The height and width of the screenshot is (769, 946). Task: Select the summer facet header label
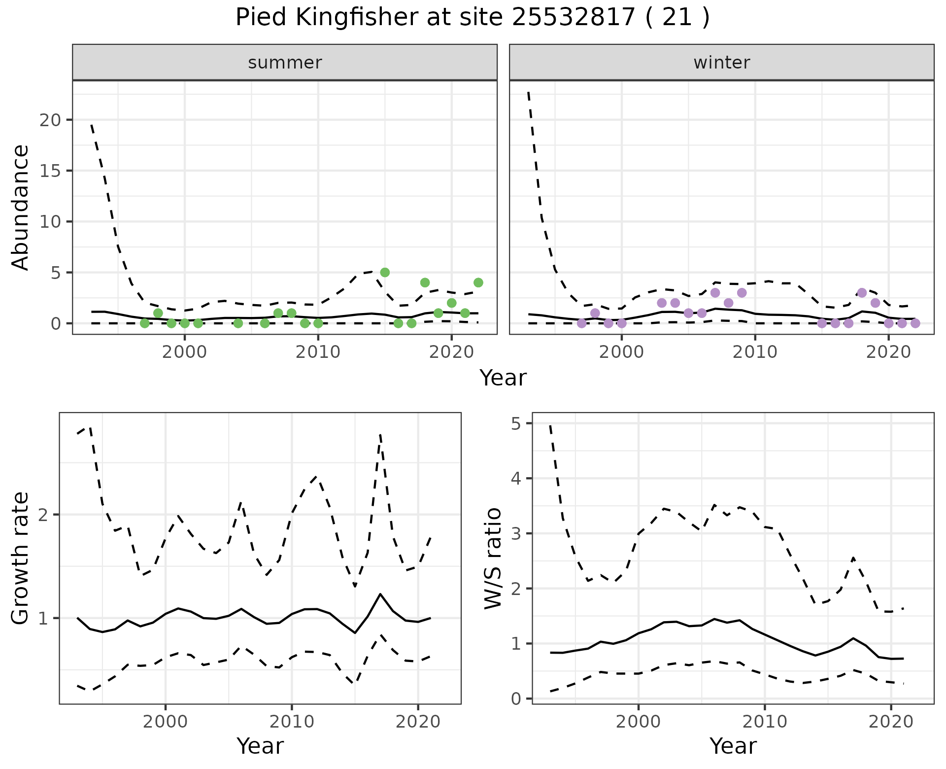click(x=285, y=63)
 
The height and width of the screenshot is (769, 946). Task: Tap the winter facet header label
click(x=721, y=63)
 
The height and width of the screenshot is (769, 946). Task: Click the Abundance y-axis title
click(x=21, y=208)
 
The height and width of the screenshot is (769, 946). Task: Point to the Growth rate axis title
click(x=21, y=559)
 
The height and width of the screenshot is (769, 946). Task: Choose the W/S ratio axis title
click(x=493, y=559)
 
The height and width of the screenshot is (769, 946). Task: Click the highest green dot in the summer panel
click(x=385, y=272)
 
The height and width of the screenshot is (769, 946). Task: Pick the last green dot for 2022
click(x=478, y=282)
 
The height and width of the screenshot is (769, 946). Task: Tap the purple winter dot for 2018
click(x=862, y=293)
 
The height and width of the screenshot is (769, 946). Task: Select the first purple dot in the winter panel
click(x=581, y=323)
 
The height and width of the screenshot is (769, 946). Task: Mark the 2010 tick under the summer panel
click(x=318, y=352)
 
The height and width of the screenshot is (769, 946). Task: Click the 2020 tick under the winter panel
click(x=888, y=352)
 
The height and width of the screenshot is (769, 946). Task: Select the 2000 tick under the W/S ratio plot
click(x=638, y=722)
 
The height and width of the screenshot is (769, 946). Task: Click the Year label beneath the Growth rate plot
click(x=260, y=746)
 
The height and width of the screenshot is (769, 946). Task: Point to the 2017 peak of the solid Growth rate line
click(x=380, y=594)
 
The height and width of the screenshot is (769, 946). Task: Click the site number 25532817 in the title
click(x=573, y=18)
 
